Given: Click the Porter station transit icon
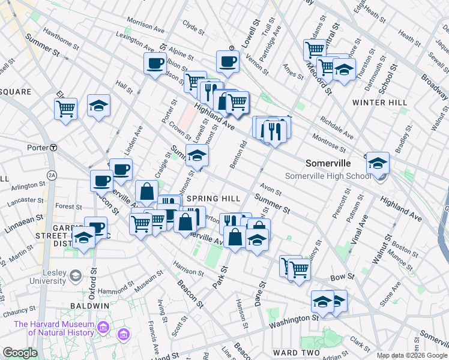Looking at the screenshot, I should [x=53, y=148].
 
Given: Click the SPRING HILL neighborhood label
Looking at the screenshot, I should [x=213, y=199].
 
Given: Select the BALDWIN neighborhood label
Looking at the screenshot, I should [x=92, y=305].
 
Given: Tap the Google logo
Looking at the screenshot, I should [x=20, y=353].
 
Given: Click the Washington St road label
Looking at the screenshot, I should [x=293, y=322].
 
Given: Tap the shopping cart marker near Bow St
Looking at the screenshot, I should [x=298, y=269].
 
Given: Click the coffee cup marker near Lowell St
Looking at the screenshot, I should [x=228, y=61].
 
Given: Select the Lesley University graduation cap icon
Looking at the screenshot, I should [x=75, y=276].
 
